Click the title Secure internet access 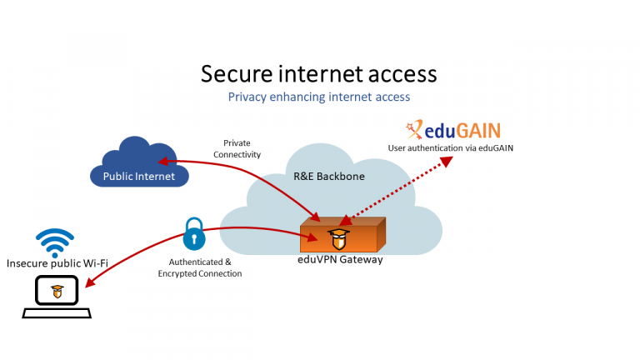click(x=319, y=73)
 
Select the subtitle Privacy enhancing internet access click(x=319, y=97)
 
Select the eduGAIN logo click(x=451, y=130)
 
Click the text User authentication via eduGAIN click(x=451, y=147)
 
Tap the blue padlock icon click(x=194, y=234)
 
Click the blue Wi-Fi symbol click(x=57, y=242)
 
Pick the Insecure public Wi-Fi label click(x=57, y=263)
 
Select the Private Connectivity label click(x=237, y=148)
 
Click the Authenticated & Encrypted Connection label click(x=200, y=267)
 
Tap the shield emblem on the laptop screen click(x=57, y=292)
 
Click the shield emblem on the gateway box click(x=339, y=238)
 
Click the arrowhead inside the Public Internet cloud click(x=164, y=161)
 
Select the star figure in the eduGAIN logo click(x=412, y=129)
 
